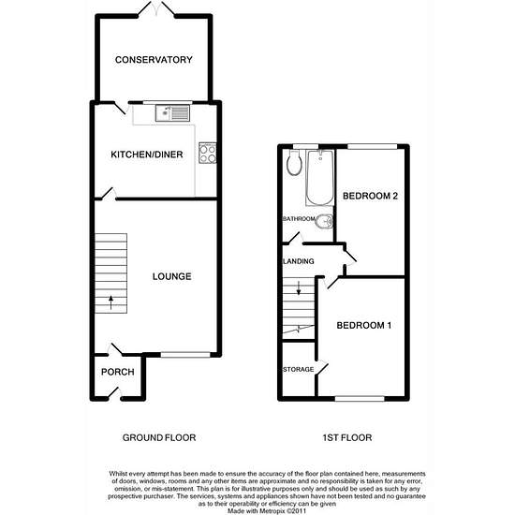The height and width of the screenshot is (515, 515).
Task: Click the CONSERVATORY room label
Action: (154, 60)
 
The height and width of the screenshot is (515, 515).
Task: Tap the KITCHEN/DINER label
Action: (147, 154)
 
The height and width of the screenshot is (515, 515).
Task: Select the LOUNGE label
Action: (171, 276)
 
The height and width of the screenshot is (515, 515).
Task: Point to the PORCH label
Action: (118, 372)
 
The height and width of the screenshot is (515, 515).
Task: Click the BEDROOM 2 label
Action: (370, 196)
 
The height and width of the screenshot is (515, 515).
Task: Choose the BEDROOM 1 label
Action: (364, 326)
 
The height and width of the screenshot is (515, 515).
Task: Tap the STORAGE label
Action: (298, 370)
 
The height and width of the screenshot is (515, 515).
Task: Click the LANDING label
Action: (298, 261)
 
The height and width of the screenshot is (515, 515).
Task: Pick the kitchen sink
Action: (173, 113)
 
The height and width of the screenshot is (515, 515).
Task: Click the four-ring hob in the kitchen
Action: (208, 153)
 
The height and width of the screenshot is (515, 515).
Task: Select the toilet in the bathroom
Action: (294, 163)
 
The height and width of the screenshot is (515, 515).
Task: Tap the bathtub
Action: (320, 178)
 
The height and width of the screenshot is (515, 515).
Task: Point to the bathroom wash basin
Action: (324, 222)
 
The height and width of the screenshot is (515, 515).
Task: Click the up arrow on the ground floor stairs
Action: (111, 302)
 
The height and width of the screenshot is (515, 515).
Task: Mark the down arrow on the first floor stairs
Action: (299, 287)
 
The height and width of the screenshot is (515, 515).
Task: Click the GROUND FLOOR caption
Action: (159, 437)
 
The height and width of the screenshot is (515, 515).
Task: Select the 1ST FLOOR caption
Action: (347, 437)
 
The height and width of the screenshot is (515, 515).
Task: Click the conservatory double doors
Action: (156, 8)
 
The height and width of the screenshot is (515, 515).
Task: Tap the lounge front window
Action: (185, 355)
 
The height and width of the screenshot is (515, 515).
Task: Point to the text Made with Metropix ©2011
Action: (267, 511)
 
